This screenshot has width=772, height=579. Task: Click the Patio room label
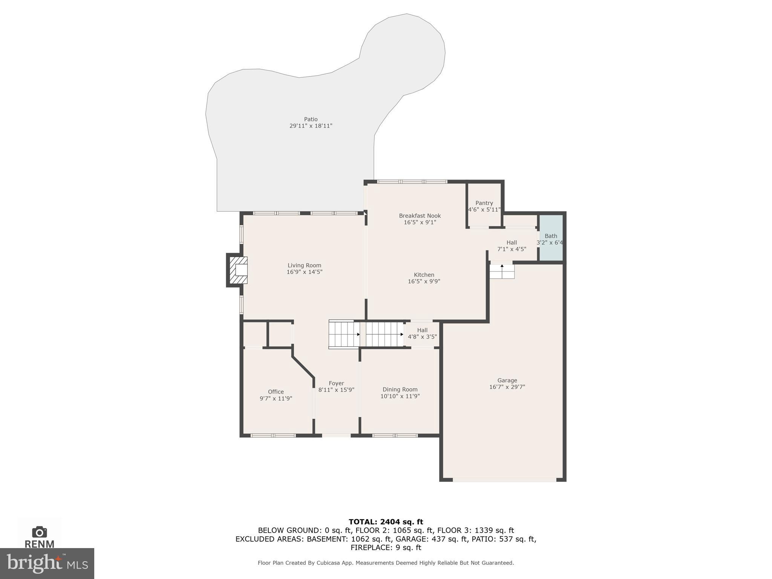[311, 119]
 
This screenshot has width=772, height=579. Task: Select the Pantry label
[484, 203]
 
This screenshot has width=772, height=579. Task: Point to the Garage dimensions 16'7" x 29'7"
[507, 387]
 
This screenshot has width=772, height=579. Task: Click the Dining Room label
[400, 390]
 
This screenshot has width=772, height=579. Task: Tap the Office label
[276, 392]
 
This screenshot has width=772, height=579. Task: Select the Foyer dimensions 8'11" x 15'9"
[336, 390]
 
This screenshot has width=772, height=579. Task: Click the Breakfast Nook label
[420, 216]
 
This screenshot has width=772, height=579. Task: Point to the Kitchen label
[424, 275]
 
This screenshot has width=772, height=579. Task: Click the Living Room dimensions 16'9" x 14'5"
[304, 272]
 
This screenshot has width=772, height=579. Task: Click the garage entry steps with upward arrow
[502, 271]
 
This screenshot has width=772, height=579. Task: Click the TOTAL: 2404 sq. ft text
[386, 522]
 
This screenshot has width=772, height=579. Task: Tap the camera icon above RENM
[39, 532]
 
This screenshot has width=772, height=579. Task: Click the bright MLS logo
[47, 563]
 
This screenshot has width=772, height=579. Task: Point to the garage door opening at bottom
[504, 480]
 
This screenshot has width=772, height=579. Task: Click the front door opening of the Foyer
[336, 435]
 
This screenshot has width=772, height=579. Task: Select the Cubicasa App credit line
[386, 563]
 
